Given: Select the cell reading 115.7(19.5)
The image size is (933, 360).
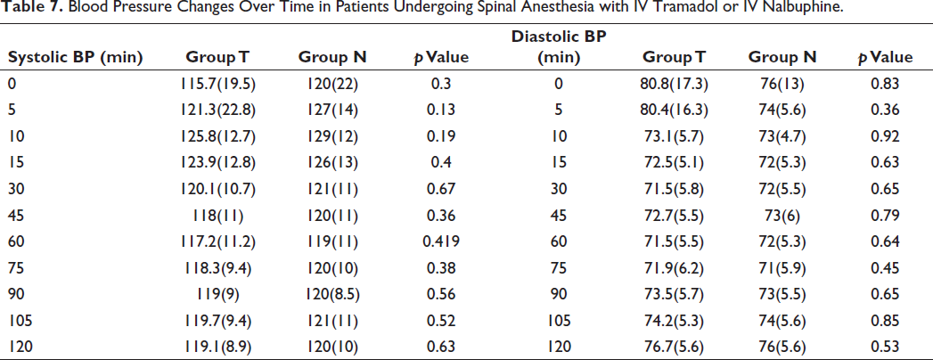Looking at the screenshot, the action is [221, 84].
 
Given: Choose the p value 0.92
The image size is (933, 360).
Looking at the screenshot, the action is [883, 136].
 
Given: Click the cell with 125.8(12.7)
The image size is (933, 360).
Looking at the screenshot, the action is [221, 136].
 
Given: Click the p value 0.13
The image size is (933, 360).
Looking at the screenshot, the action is [442, 110].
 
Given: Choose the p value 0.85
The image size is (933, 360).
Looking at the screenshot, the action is [883, 320].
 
